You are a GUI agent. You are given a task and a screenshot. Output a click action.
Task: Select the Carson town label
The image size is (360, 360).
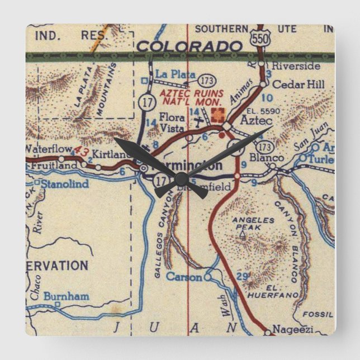click(185, 277)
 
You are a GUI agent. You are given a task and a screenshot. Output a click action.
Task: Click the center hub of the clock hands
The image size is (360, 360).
click(181, 179)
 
